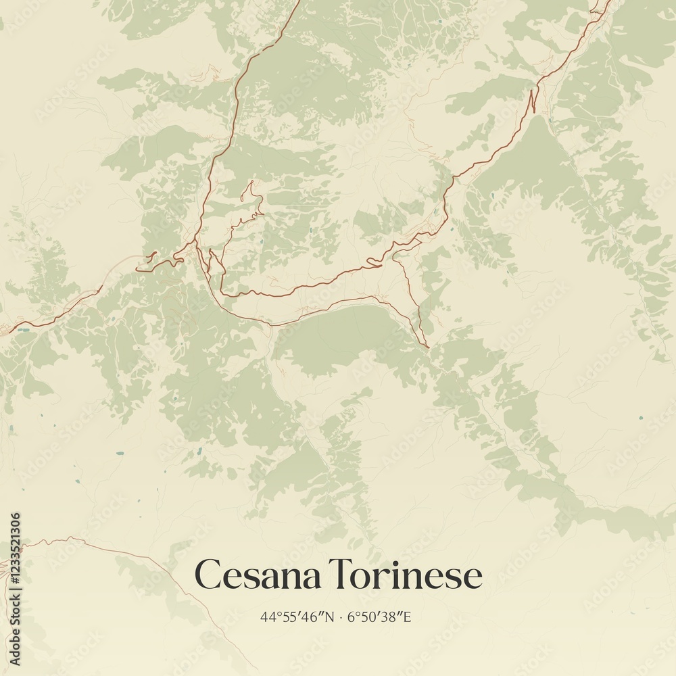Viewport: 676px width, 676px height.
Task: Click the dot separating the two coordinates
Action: click(341, 617)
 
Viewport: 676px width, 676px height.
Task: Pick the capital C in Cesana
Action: click(208, 576)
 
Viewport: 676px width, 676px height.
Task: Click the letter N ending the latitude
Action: click(329, 617)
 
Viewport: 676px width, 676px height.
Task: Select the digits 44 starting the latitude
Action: click(266, 617)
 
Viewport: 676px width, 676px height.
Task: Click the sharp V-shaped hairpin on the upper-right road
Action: click(533, 101)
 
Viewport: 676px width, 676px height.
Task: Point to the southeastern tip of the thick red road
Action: click(427, 347)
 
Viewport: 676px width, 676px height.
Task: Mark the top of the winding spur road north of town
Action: click(251, 182)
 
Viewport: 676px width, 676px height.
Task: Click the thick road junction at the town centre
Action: click(195, 242)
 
